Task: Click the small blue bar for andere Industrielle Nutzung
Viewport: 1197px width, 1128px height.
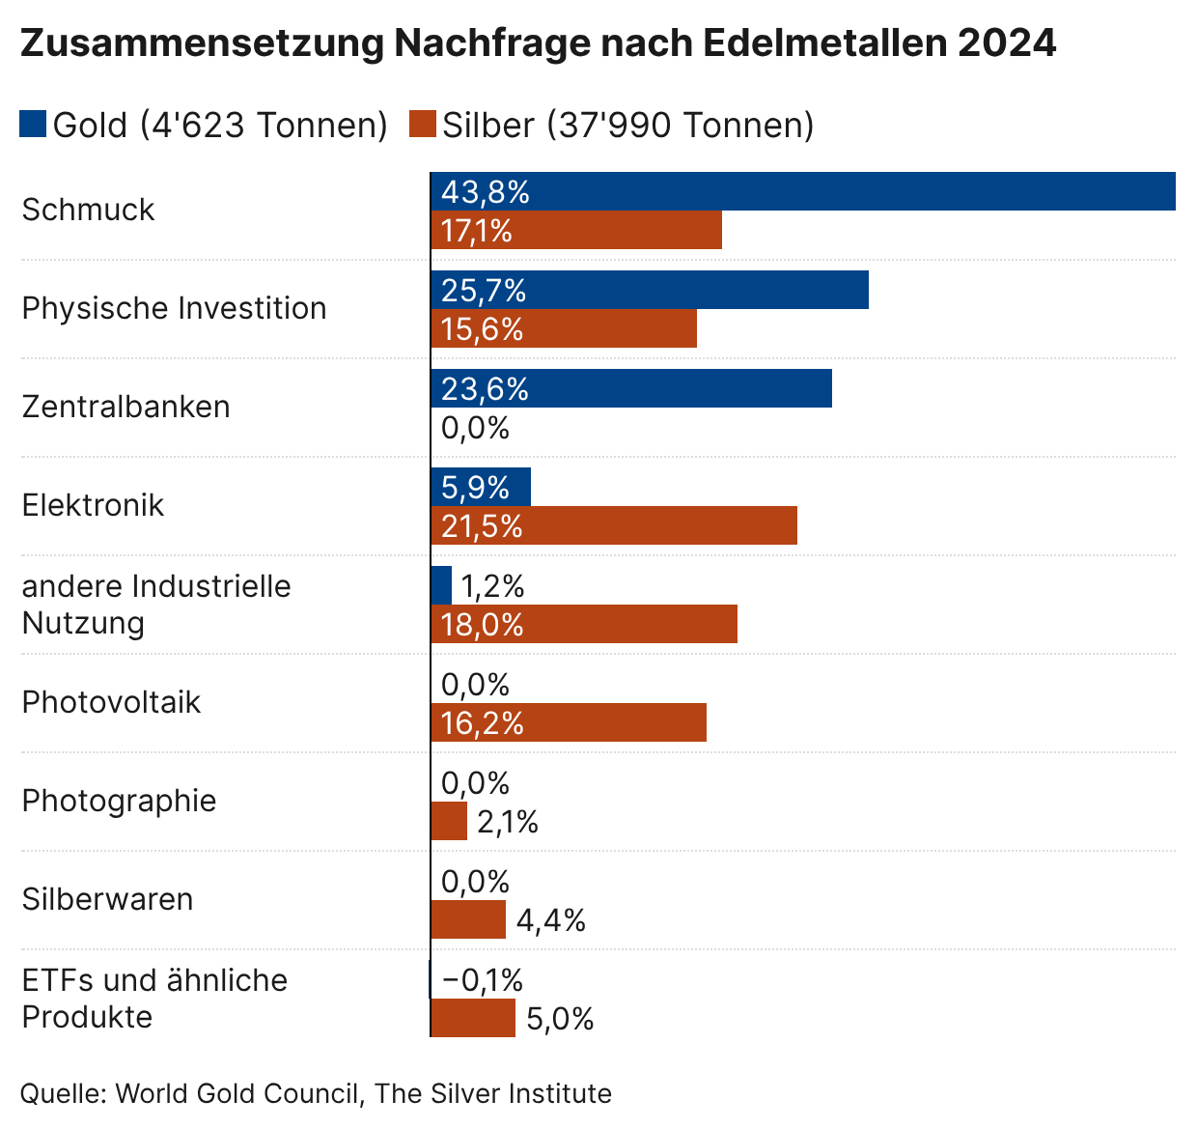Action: coord(441,585)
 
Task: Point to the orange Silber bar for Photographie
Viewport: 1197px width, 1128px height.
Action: coord(449,821)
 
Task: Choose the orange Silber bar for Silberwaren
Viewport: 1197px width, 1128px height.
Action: coord(468,919)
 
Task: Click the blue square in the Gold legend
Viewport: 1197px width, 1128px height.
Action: coord(33,125)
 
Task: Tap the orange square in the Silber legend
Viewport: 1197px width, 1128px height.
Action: coord(423,125)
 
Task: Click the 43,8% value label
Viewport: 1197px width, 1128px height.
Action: coord(486,192)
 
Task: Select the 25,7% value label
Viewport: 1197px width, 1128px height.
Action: coord(484,291)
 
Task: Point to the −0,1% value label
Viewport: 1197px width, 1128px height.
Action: coord(483,980)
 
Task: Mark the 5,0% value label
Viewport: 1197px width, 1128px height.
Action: coord(560,1019)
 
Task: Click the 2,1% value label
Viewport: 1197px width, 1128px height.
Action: coord(508,822)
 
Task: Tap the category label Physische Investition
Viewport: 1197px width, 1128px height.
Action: coord(174,308)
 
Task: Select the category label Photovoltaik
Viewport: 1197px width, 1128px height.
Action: coord(111,702)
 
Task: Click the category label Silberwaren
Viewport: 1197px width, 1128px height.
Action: coord(107,899)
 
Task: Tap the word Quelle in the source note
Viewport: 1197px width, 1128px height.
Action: coord(63,1093)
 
